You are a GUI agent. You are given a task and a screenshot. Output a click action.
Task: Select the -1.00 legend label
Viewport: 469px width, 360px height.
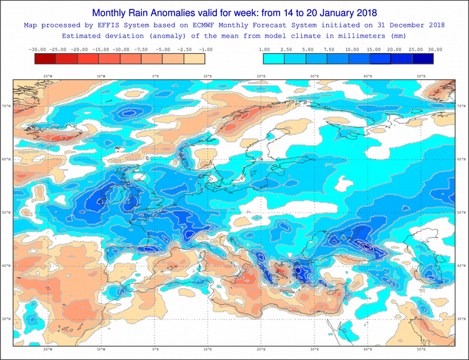point(205,49)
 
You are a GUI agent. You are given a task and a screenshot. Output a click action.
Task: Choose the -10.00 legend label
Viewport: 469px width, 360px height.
point(121,49)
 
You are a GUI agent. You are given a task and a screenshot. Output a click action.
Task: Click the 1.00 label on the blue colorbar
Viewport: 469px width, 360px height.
point(263,49)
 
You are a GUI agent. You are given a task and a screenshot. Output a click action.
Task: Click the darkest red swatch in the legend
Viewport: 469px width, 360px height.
point(46,59)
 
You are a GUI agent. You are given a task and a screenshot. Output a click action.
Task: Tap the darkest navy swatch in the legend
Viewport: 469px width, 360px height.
point(422,59)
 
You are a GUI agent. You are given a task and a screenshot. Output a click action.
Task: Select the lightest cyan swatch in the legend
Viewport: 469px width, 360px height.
point(274,59)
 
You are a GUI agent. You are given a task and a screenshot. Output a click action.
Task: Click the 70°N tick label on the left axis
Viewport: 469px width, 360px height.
point(6,106)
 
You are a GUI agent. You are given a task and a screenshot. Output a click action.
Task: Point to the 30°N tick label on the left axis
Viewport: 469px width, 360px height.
point(6,319)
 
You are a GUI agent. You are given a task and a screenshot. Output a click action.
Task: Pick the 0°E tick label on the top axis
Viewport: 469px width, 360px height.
point(154,76)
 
